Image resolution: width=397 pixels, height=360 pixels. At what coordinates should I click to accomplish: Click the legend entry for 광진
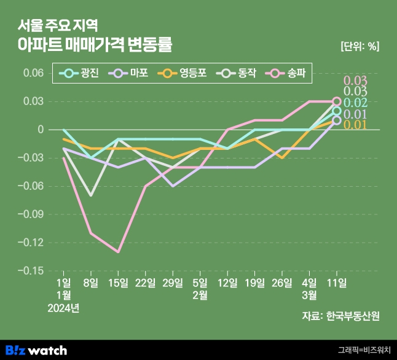pos(79,73)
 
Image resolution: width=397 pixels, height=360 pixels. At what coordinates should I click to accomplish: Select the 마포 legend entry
pos(128,73)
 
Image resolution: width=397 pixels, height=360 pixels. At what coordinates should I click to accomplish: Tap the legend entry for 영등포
pos(182,73)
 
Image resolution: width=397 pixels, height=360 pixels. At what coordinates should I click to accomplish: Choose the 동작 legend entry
pos(236,73)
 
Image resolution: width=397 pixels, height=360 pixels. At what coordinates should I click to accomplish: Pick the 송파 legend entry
pos(285,73)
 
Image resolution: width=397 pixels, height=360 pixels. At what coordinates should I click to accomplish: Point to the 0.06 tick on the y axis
pos(33,73)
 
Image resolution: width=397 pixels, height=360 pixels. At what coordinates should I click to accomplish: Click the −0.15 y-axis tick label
pos(31,271)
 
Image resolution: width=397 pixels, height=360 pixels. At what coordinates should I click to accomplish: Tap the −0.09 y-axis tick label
pos(31,214)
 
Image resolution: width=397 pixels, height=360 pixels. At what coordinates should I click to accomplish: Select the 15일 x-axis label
pos(118,283)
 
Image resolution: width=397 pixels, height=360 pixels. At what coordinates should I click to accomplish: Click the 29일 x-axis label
pos(173,283)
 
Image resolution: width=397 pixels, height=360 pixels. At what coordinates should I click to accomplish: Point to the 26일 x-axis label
pos(282,283)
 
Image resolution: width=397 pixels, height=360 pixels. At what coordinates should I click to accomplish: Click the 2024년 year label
pos(63,308)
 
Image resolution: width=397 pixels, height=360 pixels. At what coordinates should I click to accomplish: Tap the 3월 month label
pos(309,295)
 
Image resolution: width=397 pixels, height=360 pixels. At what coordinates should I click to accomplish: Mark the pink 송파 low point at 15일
pos(118,252)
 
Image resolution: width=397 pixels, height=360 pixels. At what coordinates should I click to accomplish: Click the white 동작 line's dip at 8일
pos(91,196)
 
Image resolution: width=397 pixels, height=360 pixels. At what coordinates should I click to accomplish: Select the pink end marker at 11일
pos(337,101)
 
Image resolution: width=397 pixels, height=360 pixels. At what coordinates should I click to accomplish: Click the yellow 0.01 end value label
pos(355,125)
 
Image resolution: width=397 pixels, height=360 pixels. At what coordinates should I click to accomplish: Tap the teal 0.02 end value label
pos(355,103)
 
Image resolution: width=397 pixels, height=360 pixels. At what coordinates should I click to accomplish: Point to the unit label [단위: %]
pos(360,46)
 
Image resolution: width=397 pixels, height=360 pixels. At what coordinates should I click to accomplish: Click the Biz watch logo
pos(36,350)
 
